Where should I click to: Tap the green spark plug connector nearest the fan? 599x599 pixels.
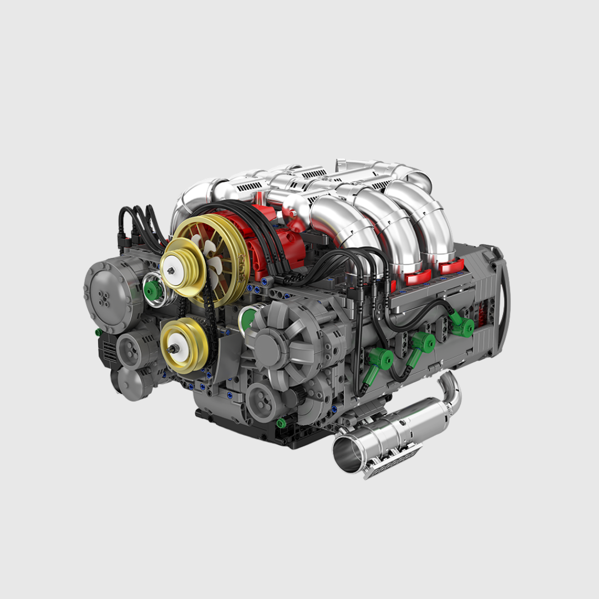point(381,359)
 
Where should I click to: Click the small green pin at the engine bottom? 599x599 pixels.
point(281,424)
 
